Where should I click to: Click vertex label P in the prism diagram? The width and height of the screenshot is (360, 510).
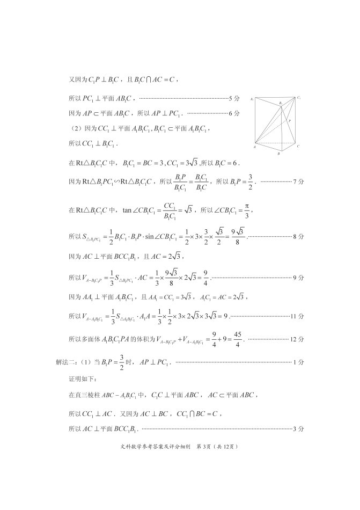click(x=290, y=122)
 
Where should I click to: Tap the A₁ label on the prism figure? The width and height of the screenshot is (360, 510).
click(x=252, y=99)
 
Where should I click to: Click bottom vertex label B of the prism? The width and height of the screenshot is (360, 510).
click(x=278, y=154)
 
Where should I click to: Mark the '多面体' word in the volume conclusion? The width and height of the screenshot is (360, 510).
click(x=92, y=339)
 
